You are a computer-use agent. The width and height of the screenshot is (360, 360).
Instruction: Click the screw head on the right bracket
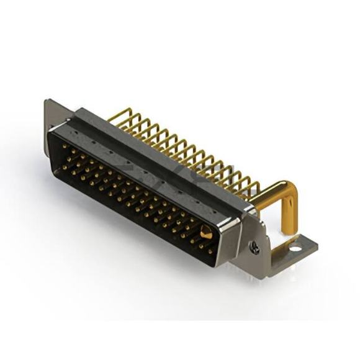[254, 246]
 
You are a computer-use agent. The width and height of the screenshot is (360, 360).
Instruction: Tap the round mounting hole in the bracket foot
[295, 250]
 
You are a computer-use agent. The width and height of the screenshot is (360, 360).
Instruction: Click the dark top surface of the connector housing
[161, 155]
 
